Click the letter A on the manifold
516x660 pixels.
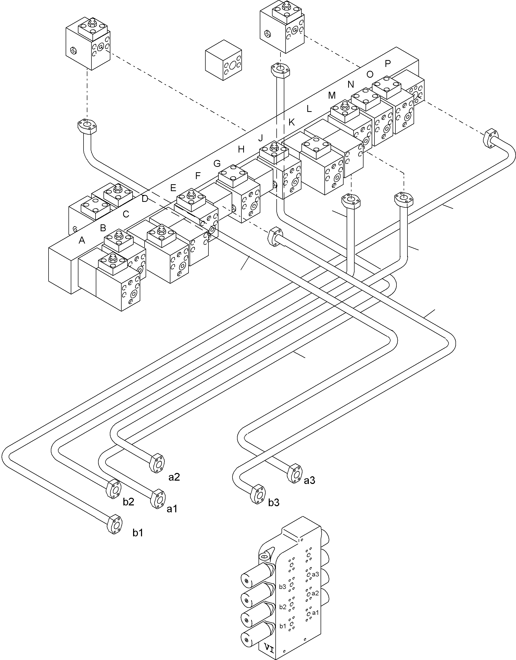coord(81,240)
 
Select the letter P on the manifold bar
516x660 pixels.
coord(388,63)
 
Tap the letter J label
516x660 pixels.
coord(260,138)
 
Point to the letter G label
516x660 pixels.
coord(217,164)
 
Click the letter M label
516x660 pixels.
coord(332,96)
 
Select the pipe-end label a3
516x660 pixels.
coord(309,480)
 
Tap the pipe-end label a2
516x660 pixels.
coord(174,477)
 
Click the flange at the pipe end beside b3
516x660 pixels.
coord(258,494)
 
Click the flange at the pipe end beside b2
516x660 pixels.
coord(114,489)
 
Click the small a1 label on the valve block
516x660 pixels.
coord(315,612)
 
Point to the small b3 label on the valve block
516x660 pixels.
coord(282,587)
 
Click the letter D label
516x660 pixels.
coord(145,199)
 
